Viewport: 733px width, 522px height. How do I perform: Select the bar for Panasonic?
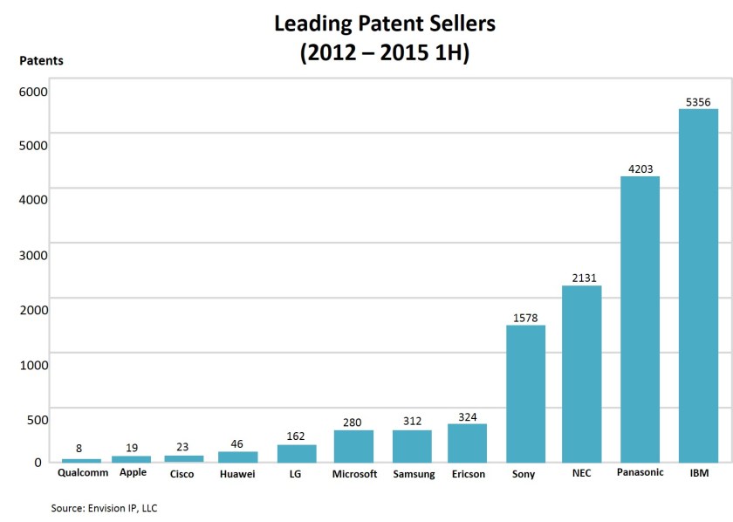pos(640,319)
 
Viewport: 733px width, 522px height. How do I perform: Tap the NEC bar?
pos(581,374)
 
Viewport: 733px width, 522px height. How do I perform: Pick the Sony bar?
pos(525,393)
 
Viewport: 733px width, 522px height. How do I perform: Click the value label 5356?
pos(698,102)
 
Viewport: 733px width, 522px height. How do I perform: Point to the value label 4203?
pos(640,169)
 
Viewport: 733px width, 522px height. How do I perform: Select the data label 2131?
pos(581,278)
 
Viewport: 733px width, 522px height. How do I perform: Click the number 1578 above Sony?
pos(525,318)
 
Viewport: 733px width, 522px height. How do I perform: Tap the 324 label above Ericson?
pos(467,417)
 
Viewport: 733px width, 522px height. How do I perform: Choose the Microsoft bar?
pos(353,445)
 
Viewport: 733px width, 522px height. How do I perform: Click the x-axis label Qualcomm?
pos(83,473)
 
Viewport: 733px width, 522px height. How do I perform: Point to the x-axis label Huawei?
pos(237,474)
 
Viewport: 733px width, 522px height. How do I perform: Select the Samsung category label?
pos(413,474)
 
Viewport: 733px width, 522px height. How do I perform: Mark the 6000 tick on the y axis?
pos(35,91)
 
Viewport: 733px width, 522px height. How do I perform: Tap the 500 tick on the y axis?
pos(38,419)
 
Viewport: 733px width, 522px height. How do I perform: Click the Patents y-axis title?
pos(41,61)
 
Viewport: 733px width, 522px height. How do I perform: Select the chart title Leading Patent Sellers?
pos(385,24)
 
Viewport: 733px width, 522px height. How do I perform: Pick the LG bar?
pos(297,453)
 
